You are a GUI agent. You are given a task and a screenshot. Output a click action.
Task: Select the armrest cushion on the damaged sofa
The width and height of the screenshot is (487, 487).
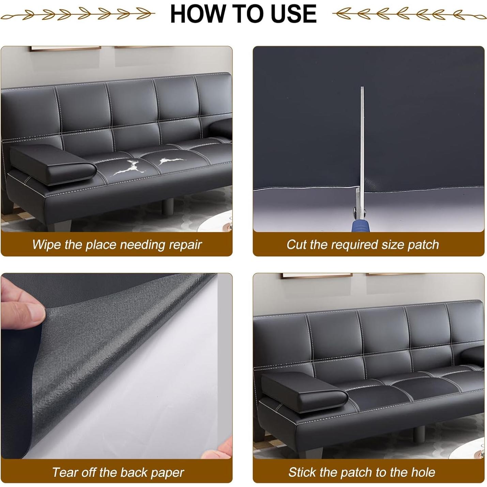(53, 164)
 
